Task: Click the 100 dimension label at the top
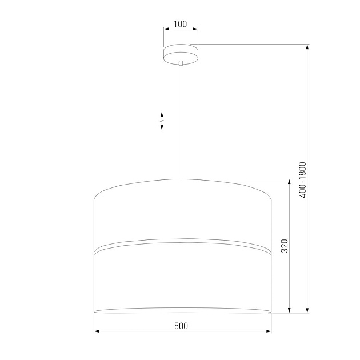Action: pos(180,24)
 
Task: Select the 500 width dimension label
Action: pos(181,326)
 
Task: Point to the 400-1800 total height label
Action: pos(303,180)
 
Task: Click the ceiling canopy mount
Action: pos(181,54)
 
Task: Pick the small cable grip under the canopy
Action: pos(181,63)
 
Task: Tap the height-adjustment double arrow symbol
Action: pos(162,121)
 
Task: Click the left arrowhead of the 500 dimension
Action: pos(97,331)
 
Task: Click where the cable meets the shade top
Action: pos(181,179)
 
